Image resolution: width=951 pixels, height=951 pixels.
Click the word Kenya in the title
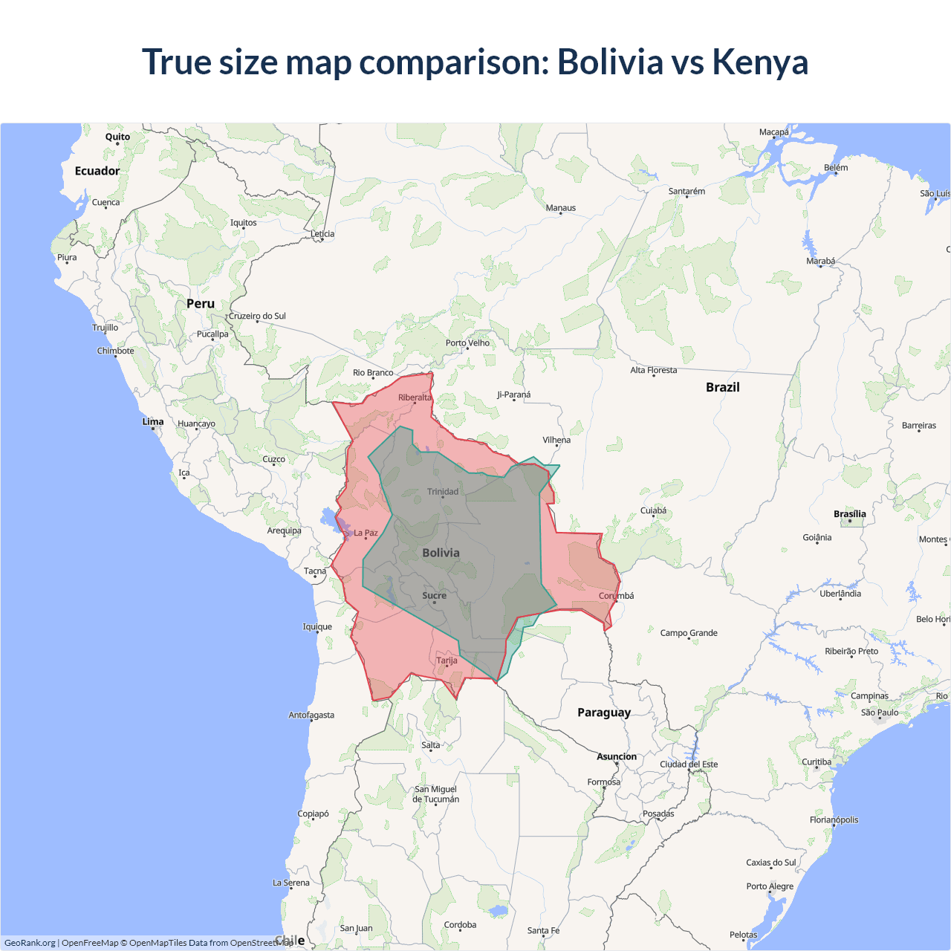coord(759,62)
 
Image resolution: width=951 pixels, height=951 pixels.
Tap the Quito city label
coord(117,137)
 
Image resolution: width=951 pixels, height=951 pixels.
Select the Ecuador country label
coord(97,171)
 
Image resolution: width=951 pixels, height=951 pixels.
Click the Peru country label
coord(201,304)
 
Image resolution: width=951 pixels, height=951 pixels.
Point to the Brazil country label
coord(722,387)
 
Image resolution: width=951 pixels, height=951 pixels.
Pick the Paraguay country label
coord(604,713)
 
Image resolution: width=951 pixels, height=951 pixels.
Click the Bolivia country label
coord(441,553)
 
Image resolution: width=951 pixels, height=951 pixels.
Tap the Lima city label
coord(153,422)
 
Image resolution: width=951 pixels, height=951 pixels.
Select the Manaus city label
coord(560,208)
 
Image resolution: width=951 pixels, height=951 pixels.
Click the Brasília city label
coord(849,514)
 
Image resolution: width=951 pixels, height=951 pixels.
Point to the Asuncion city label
coord(617,757)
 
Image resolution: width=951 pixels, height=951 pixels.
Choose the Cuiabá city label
coord(653,510)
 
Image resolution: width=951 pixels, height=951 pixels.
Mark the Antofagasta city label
coord(311,715)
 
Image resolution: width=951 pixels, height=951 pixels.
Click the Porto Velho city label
coord(467,343)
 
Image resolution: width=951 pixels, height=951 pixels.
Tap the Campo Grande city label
coord(689,633)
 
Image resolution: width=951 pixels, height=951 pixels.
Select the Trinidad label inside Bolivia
coord(443,492)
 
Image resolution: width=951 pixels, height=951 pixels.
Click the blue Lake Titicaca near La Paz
coord(328,516)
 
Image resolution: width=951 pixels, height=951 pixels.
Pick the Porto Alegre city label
coord(770,886)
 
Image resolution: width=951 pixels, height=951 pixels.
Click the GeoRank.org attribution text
coord(30,943)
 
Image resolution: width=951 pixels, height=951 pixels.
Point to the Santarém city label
coord(687,192)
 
